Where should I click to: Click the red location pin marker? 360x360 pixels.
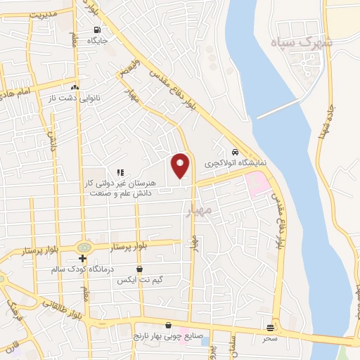181,166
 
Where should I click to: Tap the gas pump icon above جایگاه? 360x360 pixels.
96,30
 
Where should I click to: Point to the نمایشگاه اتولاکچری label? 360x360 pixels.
236,162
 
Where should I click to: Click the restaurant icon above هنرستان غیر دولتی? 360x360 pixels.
120,172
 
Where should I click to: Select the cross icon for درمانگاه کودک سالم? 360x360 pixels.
83,259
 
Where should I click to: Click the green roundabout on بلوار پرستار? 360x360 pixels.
84,247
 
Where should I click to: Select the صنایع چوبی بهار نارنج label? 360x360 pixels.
169,336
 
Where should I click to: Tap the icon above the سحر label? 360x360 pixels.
271,328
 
